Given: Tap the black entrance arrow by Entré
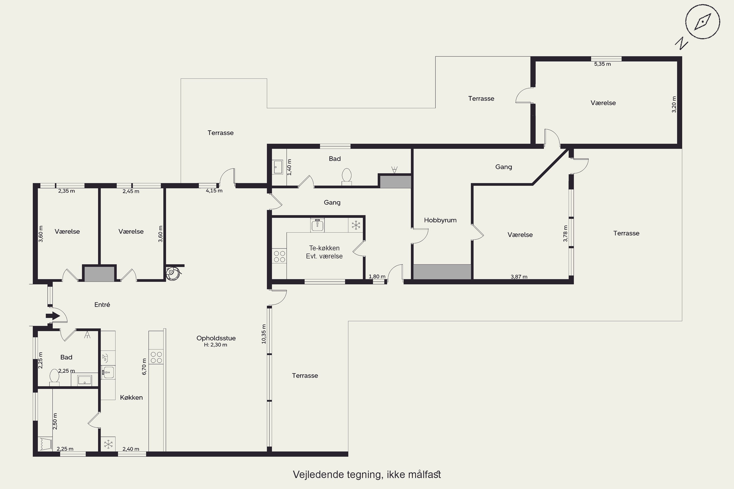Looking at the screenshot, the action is pos(53,316).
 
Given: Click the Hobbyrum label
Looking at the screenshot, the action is pos(440,220).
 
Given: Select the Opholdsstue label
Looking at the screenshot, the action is pos(216,338).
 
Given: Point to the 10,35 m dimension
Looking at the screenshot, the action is pos(264,334).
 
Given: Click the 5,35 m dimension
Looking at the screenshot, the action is pos(602,64).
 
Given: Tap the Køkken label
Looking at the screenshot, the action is pos(131,397).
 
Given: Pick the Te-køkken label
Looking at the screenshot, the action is pos(324,248).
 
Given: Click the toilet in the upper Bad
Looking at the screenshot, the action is pos(346,177).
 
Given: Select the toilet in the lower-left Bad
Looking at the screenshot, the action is pos(54,377).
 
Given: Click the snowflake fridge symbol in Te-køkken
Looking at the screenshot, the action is pos(356,225).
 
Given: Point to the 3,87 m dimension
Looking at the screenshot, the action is pos(519,277).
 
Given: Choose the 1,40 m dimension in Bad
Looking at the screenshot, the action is pos(289,167).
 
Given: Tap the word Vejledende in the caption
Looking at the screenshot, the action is pos(318,474).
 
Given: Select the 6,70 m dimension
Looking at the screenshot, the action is pos(144,367).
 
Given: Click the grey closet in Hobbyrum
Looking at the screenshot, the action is pos(442,272).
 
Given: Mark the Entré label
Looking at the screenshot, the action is pos(102,305).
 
